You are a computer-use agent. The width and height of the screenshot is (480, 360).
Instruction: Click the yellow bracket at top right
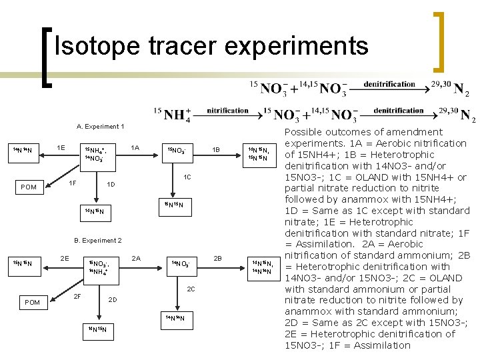pos(439,41)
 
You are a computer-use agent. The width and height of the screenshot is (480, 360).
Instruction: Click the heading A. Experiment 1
pos(101,127)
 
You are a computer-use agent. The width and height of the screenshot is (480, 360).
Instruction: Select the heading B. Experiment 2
pos(97,240)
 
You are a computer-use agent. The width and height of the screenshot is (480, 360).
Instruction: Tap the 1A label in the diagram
pos(135,147)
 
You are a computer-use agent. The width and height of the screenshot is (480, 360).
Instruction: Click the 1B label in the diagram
pos(215,149)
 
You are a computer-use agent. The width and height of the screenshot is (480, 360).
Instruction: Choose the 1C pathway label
pos(188,177)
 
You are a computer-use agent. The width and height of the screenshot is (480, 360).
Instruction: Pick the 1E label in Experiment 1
pos(61,147)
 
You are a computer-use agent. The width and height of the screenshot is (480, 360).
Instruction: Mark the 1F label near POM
pos(74,182)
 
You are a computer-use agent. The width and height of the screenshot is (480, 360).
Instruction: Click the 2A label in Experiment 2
pos(136,257)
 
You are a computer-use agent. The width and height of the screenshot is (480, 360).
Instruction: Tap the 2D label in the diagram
pos(112,299)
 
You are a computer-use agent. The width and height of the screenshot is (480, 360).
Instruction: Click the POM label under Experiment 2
pos(32,302)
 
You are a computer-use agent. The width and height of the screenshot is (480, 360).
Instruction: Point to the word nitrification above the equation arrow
pos(228,110)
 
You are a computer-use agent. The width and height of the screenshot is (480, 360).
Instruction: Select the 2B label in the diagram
pos(217,257)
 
